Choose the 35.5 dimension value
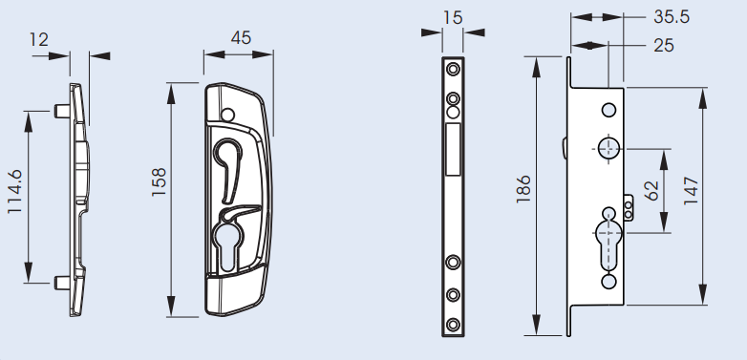[x=672, y=17]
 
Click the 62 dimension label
[x=653, y=190]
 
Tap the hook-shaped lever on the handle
[x=231, y=157]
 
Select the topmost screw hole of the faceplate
[x=453, y=70]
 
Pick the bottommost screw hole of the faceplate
[x=453, y=322]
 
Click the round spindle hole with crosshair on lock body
[x=608, y=147]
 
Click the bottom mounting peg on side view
[x=62, y=282]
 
